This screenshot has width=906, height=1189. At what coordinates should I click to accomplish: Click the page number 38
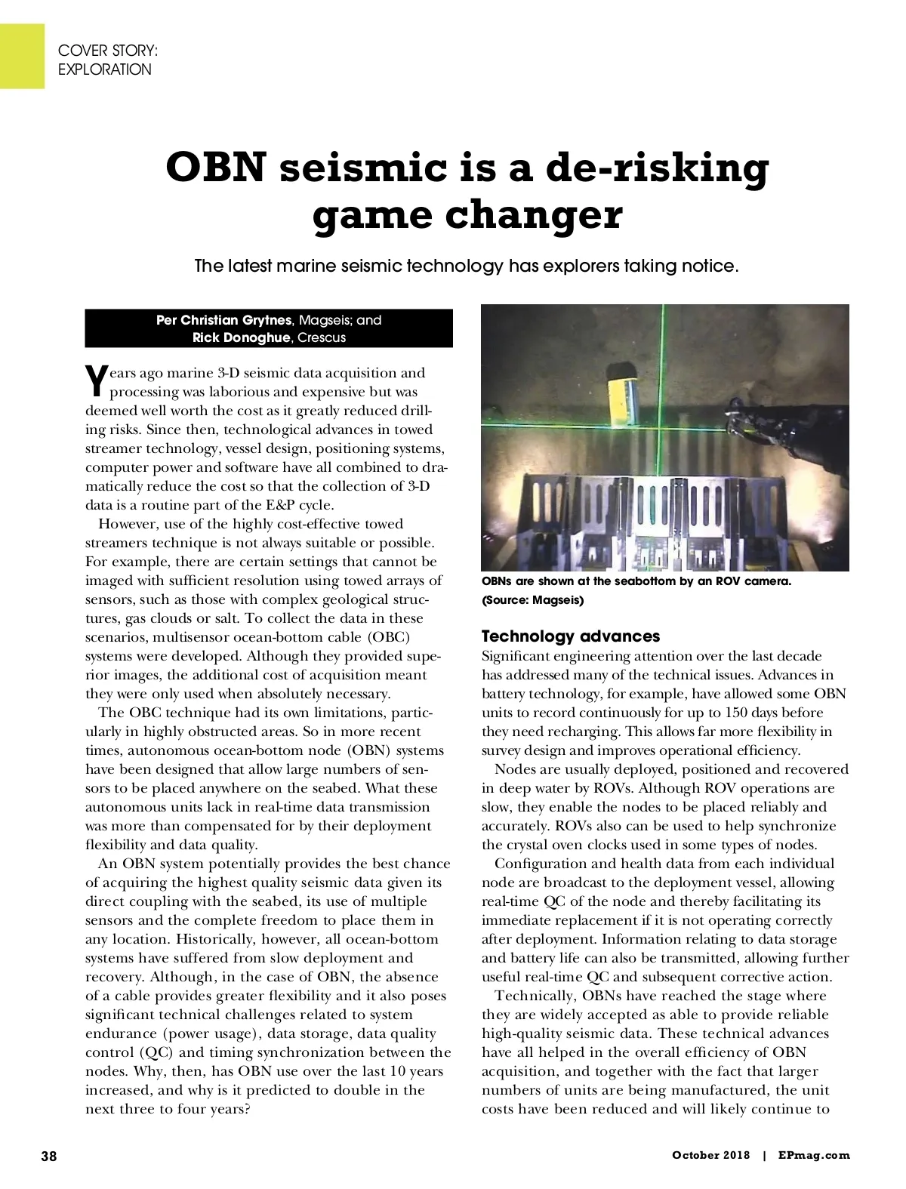49,1156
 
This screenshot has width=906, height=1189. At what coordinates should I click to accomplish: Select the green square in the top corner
22,56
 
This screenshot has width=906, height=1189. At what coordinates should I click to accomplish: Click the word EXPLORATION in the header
105,69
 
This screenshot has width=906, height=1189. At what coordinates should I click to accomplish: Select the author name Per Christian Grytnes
223,320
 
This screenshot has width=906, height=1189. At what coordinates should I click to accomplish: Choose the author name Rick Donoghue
241,337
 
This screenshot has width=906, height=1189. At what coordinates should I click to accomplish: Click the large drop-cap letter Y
95,381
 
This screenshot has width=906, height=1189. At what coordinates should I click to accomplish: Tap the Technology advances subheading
571,636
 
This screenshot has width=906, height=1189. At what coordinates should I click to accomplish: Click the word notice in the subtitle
710,266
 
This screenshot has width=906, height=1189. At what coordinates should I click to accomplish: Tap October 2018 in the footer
711,1155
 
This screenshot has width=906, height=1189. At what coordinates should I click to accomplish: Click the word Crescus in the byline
322,337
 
